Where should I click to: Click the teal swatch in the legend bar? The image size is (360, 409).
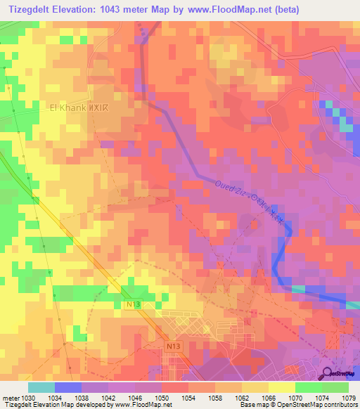[41, 387]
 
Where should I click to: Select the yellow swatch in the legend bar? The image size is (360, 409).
[282, 387]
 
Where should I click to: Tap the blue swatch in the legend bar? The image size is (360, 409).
[68, 387]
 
